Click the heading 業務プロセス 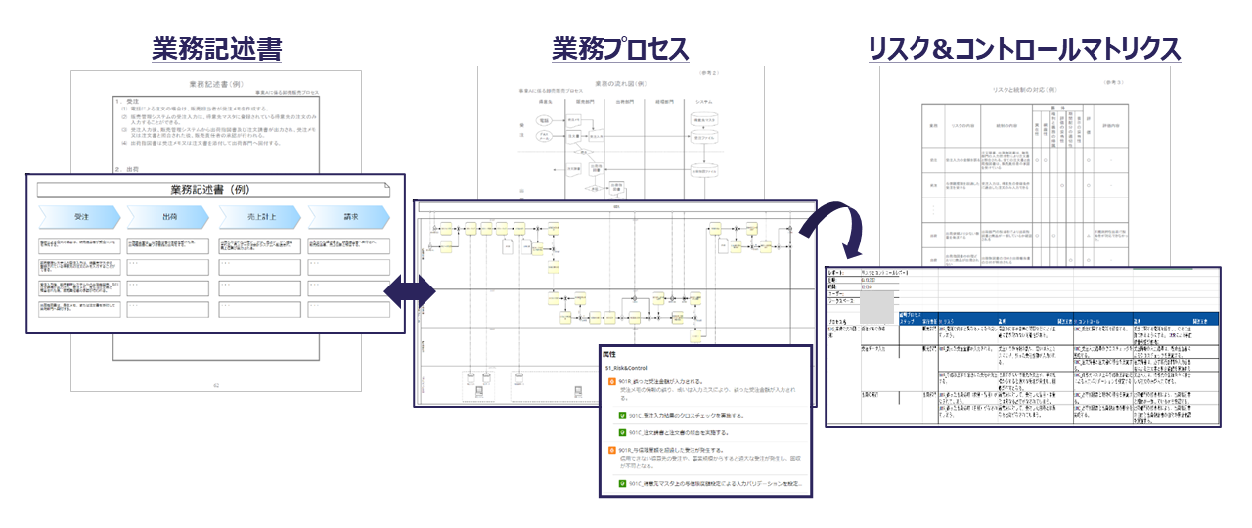[620, 48]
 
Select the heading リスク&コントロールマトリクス [1024, 48]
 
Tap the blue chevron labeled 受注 [79, 216]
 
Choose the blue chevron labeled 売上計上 [257, 216]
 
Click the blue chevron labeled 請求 [348, 216]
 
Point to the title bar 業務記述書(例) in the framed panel [214, 190]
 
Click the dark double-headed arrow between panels [408, 290]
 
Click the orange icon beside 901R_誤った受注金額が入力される [612, 382]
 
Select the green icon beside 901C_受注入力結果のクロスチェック [622, 415]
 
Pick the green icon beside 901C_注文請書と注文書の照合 [622, 431]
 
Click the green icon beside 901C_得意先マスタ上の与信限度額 [622, 483]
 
